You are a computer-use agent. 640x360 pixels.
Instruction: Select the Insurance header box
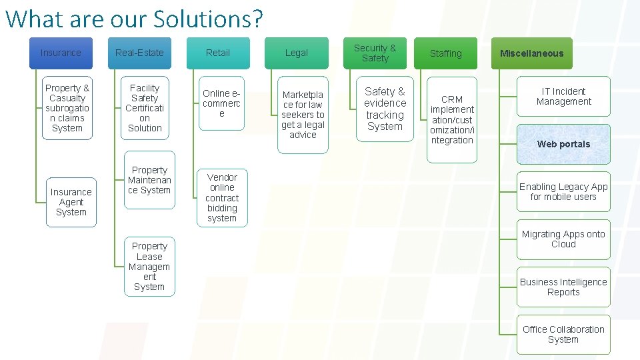tap(61, 53)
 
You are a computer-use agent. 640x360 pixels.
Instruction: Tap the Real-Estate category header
tap(139, 53)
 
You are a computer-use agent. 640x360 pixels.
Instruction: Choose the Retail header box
tap(218, 53)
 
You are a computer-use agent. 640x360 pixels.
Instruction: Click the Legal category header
tap(297, 53)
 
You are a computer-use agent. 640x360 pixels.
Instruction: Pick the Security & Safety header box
tap(375, 53)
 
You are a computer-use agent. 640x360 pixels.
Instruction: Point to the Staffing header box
tap(445, 53)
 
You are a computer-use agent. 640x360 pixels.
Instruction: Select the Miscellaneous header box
tap(532, 53)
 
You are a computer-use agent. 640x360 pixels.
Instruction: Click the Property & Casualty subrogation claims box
tap(67, 108)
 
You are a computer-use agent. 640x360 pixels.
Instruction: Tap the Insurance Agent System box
tap(71, 202)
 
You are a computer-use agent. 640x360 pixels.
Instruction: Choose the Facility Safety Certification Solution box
tap(145, 108)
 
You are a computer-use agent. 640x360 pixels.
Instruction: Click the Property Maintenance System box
tap(149, 181)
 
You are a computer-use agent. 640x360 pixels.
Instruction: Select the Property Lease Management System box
tap(149, 267)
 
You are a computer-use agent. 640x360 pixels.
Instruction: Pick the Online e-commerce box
tap(222, 104)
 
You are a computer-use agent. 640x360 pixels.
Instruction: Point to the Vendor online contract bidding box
tap(222, 197)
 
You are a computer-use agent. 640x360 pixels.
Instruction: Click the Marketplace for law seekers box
tap(303, 115)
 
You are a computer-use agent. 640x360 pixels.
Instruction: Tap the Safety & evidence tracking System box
tap(385, 109)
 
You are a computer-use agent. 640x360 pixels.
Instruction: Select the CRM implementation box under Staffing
tap(452, 120)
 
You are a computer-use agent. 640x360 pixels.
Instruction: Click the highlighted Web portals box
tap(563, 144)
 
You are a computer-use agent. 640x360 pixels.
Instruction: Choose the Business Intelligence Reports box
tap(563, 287)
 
